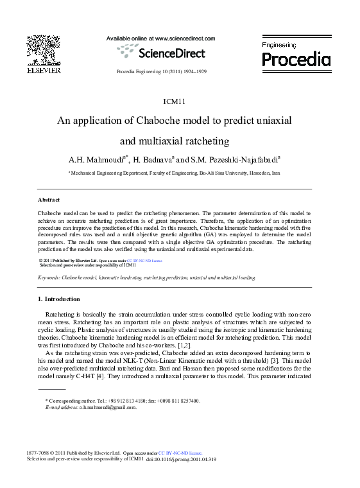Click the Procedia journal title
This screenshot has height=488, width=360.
tap(296, 60)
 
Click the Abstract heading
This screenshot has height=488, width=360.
tap(49, 200)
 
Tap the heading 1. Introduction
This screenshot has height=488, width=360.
tap(58, 299)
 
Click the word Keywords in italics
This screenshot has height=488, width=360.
tap(53, 277)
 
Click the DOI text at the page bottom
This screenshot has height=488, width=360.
tap(181, 460)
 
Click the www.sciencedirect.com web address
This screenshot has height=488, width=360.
tap(185, 39)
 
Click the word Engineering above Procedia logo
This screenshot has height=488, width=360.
tap(279, 46)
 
